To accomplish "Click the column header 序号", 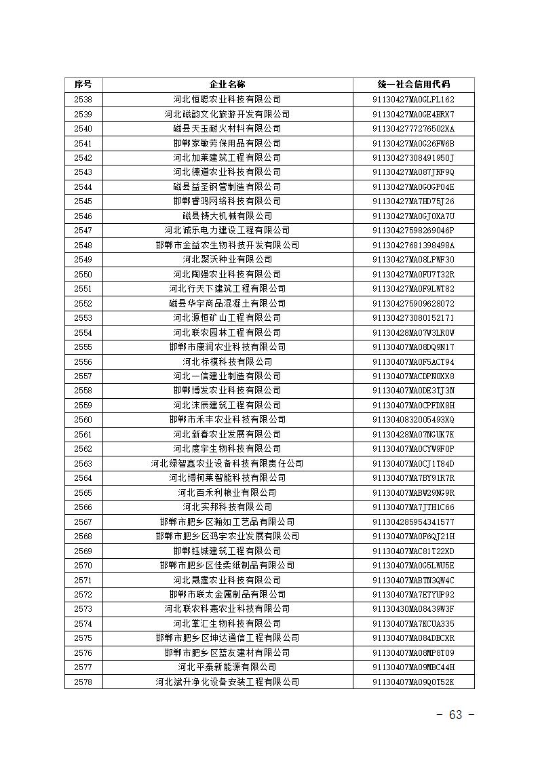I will click(83, 85).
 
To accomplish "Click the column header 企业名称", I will click(227, 85).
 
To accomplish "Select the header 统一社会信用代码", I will click(413, 85).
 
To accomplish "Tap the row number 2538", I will click(83, 100).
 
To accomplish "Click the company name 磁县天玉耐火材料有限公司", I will click(227, 129).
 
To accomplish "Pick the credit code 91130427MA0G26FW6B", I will click(413, 143).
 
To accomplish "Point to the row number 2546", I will click(83, 216).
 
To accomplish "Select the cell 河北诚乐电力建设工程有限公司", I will click(227, 231).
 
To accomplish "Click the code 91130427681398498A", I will click(413, 245).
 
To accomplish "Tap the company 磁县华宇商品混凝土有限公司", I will click(227, 303).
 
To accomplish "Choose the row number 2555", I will click(83, 347).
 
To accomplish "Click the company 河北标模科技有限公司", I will click(227, 362).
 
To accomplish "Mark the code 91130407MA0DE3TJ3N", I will click(413, 391).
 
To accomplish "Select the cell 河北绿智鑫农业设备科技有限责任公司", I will click(227, 464).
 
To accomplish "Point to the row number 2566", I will click(83, 507).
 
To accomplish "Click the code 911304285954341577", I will click(413, 522).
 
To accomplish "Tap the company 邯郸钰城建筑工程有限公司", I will click(227, 551).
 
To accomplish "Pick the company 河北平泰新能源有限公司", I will click(227, 667).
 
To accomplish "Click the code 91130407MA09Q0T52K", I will click(413, 682).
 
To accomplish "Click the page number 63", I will click(455, 716).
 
